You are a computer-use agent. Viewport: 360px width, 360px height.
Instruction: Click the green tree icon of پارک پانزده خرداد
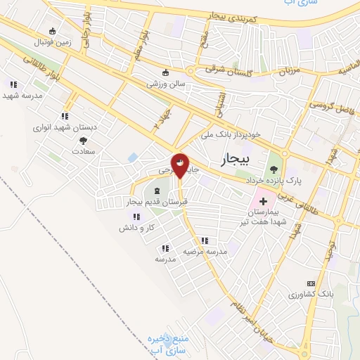pyautogui.click(x=274, y=169)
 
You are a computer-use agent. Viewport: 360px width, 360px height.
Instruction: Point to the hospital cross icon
pyautogui.click(x=263, y=201)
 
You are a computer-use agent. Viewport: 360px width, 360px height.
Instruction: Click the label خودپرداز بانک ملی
pyautogui.click(x=231, y=134)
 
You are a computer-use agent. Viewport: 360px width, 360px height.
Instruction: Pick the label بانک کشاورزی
pyautogui.click(x=309, y=294)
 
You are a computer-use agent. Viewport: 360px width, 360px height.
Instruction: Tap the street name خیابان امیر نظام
pyautogui.click(x=266, y=317)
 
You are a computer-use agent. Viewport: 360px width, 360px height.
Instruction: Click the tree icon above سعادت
pyautogui.click(x=84, y=140)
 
